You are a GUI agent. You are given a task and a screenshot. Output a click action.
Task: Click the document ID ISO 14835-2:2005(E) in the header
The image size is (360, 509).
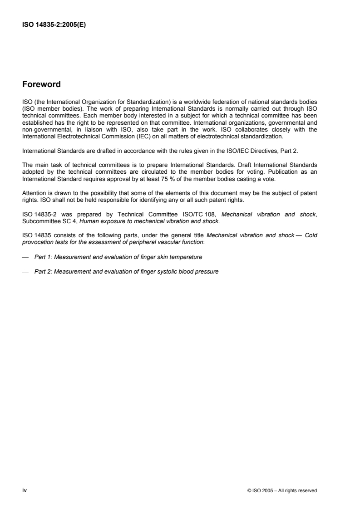click(54, 25)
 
